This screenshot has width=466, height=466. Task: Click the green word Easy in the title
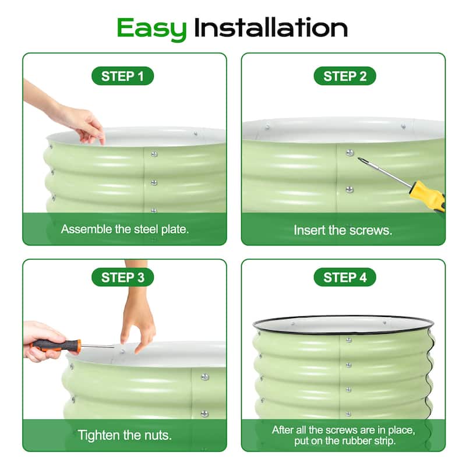[151, 29]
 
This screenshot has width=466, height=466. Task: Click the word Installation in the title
[270, 27]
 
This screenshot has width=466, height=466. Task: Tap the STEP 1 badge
[122, 76]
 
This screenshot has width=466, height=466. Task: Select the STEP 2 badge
[345, 76]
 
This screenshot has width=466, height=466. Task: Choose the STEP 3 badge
[122, 277]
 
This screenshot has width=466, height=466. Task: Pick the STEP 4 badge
[345, 277]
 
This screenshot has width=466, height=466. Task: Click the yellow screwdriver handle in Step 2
[428, 196]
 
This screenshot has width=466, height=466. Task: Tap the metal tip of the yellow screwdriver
[361, 160]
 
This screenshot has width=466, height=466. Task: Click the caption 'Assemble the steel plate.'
[125, 229]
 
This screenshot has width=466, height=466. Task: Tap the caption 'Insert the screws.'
[343, 230]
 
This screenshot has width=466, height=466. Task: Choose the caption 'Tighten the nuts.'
[125, 435]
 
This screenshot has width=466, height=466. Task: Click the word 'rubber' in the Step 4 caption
[359, 440]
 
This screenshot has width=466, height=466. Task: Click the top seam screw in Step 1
[154, 154]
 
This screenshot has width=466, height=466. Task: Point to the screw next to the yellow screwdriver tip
[350, 153]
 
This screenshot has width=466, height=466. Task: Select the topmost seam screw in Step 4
[348, 340]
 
